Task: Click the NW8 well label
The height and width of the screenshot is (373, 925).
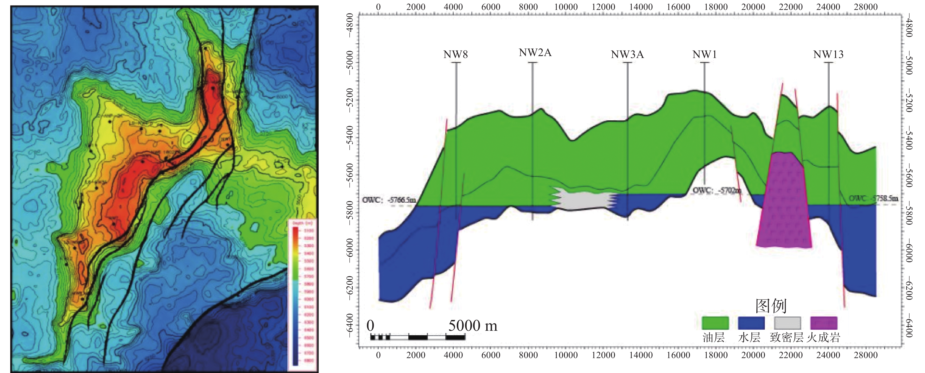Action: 455,54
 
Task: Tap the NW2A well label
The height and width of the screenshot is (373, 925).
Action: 535,53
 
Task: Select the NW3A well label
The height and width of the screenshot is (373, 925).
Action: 627,54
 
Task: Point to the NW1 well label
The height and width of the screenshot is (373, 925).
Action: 704,54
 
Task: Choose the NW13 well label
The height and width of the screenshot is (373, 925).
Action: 828,54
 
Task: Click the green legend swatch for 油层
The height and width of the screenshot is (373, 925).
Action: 715,323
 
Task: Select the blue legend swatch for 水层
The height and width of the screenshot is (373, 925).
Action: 751,323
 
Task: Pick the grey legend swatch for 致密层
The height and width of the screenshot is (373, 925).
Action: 787,323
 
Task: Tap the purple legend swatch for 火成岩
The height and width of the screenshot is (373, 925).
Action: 824,323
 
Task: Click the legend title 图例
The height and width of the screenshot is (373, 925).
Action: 770,306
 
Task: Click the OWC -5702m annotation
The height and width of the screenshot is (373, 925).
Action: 716,191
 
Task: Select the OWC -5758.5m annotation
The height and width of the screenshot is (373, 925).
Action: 873,198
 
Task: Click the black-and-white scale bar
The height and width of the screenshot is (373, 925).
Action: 418,337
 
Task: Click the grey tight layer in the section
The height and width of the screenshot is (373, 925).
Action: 584,200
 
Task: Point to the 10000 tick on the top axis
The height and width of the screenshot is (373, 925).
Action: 566,7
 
